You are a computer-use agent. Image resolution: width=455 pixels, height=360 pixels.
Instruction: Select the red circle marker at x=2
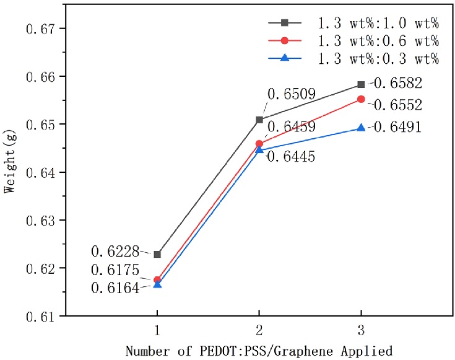pos(259,144)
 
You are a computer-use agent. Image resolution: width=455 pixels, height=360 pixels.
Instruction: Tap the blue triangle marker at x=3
pos(361,128)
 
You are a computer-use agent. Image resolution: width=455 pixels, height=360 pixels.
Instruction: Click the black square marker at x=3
pos(361,84)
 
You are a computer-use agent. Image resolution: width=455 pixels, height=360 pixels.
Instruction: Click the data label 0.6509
pos(292,94)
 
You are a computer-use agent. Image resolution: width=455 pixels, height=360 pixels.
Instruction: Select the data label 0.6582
pos(397,83)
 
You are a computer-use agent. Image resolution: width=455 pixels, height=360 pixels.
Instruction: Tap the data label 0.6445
pos(292,157)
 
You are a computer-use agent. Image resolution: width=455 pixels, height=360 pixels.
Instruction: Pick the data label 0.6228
pos(116,252)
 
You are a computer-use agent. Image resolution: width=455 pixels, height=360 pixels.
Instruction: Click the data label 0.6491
pos(397,127)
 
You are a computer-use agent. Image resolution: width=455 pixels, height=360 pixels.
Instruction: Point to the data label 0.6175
pos(116,270)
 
